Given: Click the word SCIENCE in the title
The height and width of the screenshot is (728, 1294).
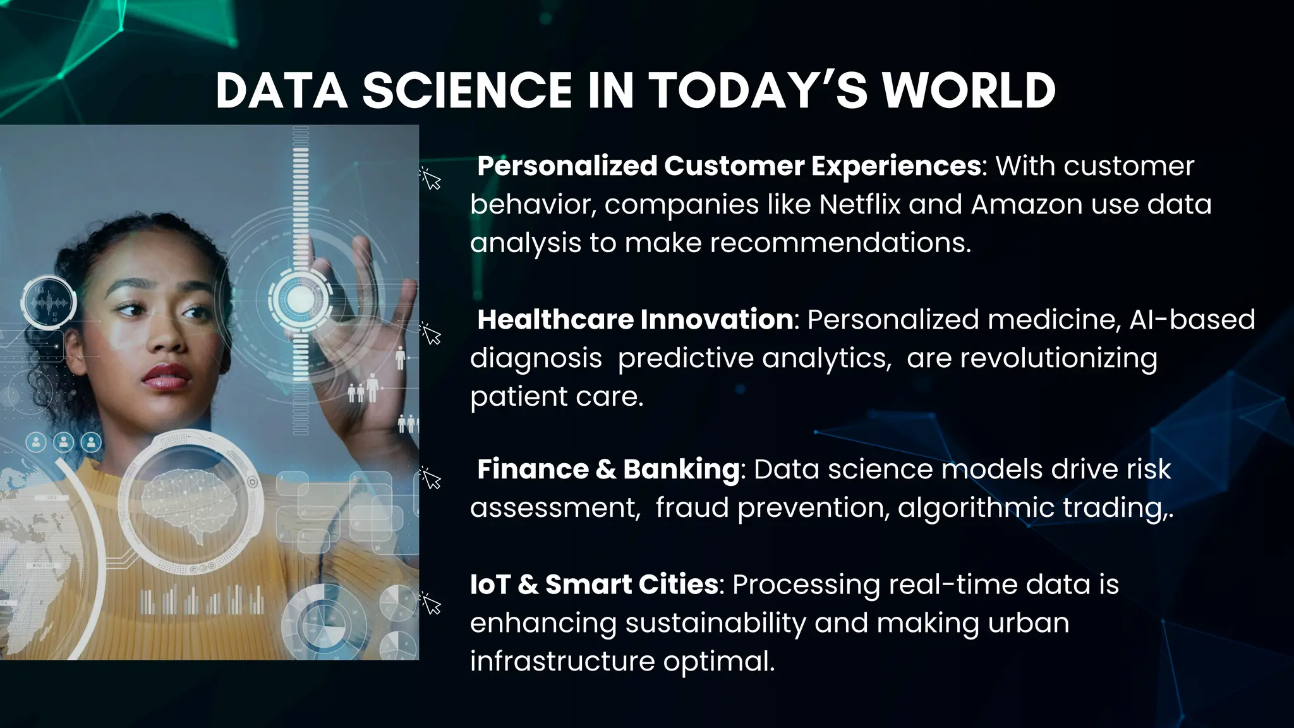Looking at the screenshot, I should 466,91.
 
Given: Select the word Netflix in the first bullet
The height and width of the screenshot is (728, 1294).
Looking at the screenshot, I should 859,205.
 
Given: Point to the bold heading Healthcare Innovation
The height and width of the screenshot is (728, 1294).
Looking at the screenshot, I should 634,320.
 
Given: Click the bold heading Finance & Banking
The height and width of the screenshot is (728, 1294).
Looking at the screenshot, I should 608,470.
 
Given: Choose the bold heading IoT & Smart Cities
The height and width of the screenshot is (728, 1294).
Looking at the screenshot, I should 593,585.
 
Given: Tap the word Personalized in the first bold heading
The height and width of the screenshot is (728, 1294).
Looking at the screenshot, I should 567,166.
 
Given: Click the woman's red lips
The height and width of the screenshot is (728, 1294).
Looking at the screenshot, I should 166,375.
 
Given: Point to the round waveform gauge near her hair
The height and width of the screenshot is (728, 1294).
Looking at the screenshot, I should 49,302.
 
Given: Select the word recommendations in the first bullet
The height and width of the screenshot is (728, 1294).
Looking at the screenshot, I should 840,243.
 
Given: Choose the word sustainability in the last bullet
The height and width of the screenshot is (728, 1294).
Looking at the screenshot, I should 715,623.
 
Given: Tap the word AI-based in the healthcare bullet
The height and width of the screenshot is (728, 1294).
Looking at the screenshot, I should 1192,320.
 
